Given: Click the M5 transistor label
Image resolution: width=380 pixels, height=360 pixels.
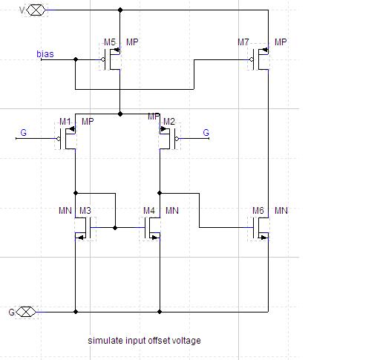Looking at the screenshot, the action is (110, 42).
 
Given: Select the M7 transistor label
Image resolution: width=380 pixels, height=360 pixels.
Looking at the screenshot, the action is (243, 42).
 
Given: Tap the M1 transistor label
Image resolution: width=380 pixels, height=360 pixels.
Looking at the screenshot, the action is (65, 122).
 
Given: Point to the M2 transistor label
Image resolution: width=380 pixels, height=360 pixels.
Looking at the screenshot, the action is (169, 122).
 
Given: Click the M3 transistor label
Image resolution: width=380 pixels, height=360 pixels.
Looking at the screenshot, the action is (85, 211).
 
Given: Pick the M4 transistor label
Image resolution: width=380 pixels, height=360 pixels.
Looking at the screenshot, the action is (149, 211).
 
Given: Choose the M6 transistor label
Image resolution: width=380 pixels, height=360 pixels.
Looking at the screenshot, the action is (258, 211).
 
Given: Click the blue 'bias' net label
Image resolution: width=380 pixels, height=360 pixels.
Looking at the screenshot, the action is (45, 54).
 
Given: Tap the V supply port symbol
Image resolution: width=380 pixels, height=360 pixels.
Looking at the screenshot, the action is (36, 10).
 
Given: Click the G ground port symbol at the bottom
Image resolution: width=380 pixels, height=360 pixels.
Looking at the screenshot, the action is (26, 312).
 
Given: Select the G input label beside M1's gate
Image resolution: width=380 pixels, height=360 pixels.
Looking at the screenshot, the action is (24, 133).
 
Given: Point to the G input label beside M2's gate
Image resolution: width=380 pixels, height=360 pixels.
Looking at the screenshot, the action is (206, 133).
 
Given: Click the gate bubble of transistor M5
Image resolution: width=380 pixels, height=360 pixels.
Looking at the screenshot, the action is (103, 59).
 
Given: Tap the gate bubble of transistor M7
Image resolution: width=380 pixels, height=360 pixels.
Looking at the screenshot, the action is (252, 59).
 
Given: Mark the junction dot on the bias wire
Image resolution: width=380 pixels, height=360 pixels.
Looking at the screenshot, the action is (76, 59).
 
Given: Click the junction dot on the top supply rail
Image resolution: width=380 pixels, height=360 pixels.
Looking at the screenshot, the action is (120, 10).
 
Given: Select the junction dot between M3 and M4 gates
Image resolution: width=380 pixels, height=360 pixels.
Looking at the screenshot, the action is (115, 228).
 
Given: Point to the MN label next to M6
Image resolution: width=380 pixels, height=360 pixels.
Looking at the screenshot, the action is (281, 211).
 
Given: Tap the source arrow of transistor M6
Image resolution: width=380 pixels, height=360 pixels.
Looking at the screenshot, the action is (263, 238).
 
